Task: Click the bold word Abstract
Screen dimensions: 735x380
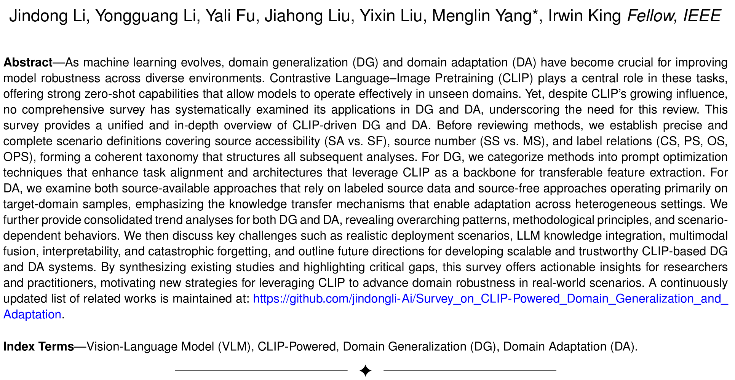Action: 28,62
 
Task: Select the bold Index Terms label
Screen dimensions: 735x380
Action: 38,347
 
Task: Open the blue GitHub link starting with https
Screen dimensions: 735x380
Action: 491,299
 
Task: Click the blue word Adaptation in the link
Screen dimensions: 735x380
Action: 32,315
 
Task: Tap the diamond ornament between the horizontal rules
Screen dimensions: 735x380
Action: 366,370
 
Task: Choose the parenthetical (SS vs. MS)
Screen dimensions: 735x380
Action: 512,141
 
